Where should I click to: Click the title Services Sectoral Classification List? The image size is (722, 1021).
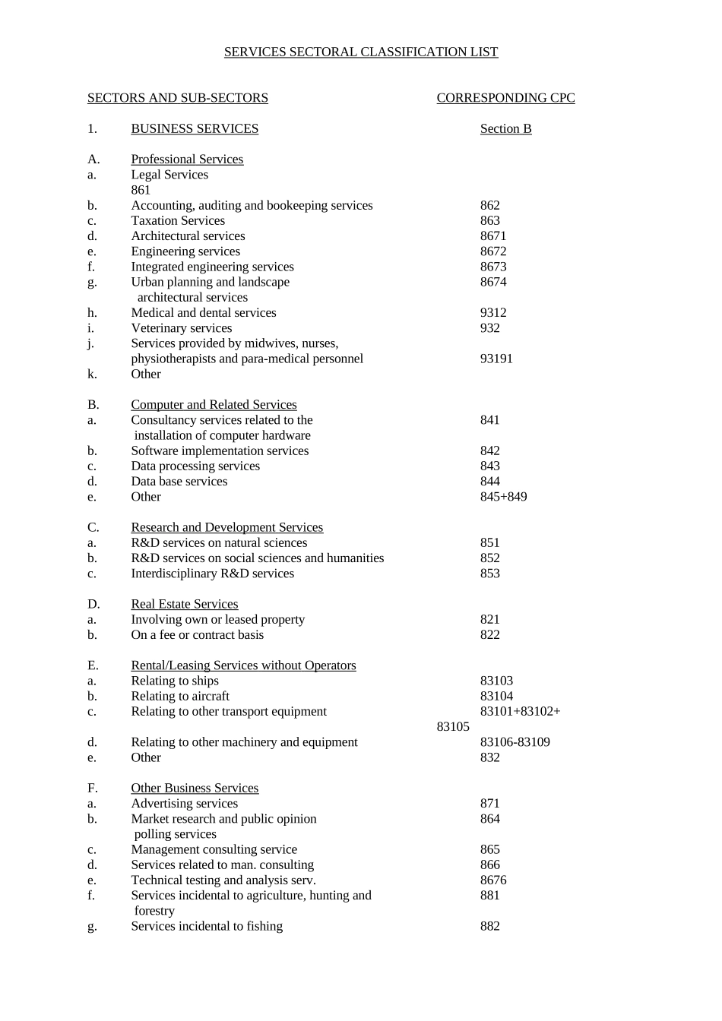361,52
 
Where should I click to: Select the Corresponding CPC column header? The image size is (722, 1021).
505,98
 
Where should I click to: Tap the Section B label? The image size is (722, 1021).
505,129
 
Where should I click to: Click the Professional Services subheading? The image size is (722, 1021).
187,160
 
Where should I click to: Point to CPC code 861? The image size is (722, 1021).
141,190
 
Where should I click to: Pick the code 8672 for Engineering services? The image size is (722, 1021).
493,251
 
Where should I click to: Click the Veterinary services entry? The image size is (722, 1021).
182,328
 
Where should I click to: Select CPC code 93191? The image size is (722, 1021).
496,359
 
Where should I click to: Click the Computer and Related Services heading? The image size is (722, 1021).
214,405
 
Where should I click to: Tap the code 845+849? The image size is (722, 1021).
503,497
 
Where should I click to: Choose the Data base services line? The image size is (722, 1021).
179,482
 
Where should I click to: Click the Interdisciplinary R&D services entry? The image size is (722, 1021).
212,574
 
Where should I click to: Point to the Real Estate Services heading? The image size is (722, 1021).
185,604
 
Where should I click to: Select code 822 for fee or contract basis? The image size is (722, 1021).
490,635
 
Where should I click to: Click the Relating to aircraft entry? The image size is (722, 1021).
180,697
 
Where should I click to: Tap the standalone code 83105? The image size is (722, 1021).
453,727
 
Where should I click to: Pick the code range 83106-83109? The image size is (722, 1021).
515,742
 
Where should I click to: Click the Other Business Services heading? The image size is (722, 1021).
195,789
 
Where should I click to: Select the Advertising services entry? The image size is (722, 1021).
185,804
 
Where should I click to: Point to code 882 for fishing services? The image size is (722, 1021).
490,926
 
